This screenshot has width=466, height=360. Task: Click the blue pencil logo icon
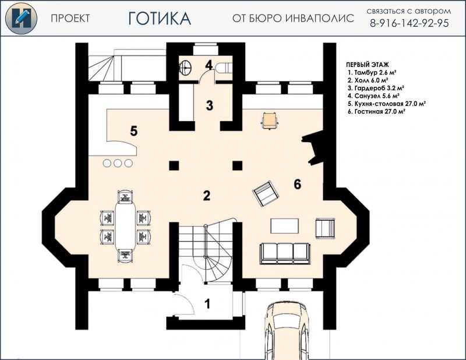click(x=21, y=18)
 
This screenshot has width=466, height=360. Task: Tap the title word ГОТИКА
click(x=160, y=19)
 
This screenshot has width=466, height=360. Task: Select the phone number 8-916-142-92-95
click(x=409, y=23)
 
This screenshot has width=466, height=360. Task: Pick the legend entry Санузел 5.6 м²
click(x=373, y=96)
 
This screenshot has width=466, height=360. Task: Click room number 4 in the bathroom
click(x=209, y=65)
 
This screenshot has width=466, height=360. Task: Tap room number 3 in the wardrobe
click(x=210, y=105)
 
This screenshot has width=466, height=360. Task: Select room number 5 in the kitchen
click(x=134, y=131)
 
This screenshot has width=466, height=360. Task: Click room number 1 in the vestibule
click(x=208, y=304)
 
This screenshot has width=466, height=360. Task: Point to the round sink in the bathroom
click(x=186, y=67)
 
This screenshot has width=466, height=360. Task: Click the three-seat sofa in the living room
click(x=285, y=253)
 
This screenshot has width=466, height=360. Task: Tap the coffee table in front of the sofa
click(x=284, y=226)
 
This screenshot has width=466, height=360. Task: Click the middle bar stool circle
click(x=118, y=163)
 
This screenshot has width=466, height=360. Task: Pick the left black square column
click(x=174, y=165)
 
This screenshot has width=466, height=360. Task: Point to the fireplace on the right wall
click(x=313, y=147)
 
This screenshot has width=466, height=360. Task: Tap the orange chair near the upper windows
click(x=270, y=121)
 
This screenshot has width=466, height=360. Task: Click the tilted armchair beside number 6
click(x=266, y=193)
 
